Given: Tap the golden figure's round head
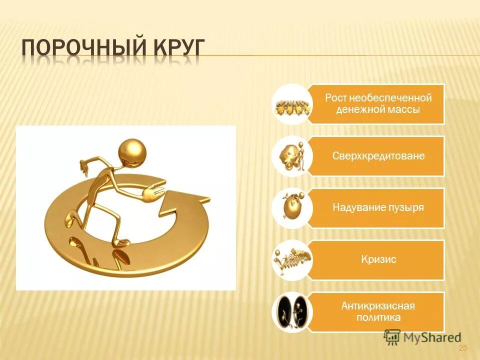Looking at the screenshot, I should click(132, 152).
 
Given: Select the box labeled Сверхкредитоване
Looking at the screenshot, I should click(378, 156).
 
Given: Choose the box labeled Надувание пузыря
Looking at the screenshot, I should click(378, 207).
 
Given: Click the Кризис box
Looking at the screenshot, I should click(378, 259).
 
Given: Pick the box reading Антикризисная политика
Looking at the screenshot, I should click(378, 311).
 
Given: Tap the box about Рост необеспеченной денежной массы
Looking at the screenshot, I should click(378, 104).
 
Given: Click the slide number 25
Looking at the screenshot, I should click(462, 348).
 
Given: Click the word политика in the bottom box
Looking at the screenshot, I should click(378, 317).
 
